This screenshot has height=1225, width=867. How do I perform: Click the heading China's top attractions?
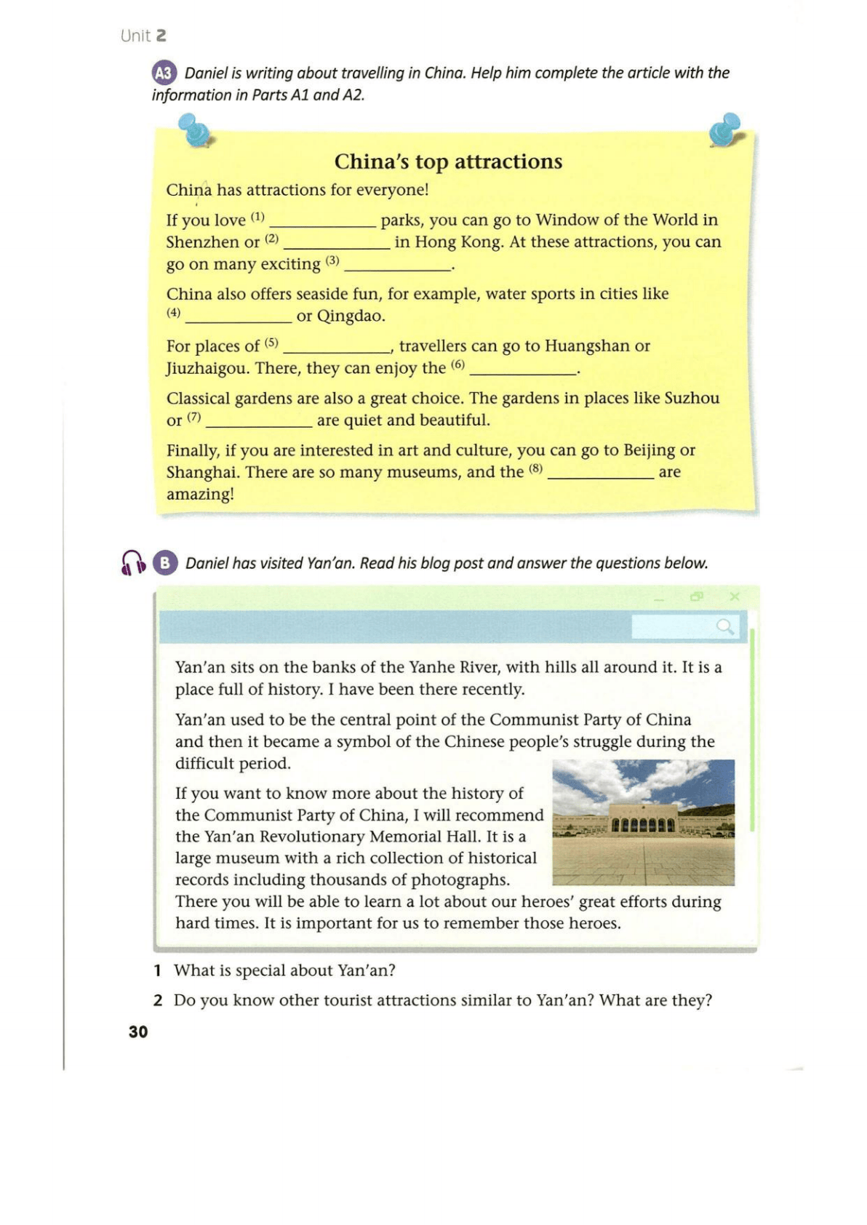click(448, 161)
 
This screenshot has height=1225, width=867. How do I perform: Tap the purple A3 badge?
click(164, 73)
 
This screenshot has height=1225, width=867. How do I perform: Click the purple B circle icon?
click(165, 563)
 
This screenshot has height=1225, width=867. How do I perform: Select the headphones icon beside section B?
click(133, 563)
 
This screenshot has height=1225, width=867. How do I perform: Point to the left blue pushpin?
click(194, 130)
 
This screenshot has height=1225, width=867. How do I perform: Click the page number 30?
click(138, 1032)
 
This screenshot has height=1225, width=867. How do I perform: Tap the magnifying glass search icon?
click(724, 626)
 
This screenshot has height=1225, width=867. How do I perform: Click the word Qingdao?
click(351, 316)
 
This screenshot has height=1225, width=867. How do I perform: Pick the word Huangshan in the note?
click(588, 346)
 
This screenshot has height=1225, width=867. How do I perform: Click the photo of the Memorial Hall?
click(643, 822)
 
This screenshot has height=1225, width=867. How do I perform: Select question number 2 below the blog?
click(158, 1000)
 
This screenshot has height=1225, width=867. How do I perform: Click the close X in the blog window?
click(735, 596)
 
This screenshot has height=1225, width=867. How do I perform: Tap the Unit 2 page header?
click(143, 36)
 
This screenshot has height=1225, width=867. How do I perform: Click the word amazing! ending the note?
click(200, 495)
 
